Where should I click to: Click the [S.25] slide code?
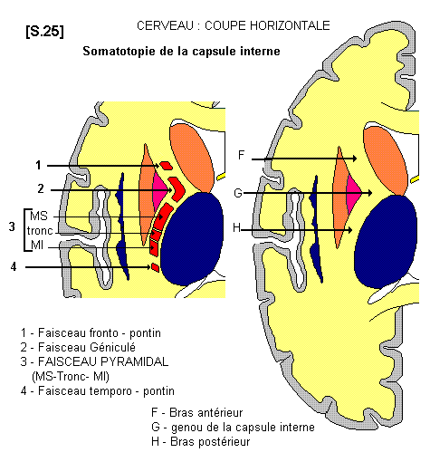[x=45, y=31]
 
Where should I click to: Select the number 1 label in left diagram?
[x=38, y=165]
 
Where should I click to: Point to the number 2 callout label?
[x=41, y=188]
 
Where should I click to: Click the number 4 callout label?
[x=14, y=266]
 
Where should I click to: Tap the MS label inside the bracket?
[x=39, y=216]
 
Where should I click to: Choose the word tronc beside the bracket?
[x=40, y=231]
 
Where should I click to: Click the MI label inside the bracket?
[x=37, y=245]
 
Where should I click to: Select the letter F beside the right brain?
[x=241, y=155]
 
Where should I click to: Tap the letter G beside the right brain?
[x=238, y=193]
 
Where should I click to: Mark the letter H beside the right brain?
[x=237, y=227]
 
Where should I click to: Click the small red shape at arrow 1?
[x=166, y=165]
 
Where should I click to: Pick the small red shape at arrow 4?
[x=155, y=267]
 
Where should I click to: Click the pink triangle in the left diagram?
[x=158, y=189]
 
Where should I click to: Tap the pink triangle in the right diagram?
[x=352, y=193]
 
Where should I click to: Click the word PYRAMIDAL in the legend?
[x=135, y=361]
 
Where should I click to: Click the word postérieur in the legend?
[x=225, y=442]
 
